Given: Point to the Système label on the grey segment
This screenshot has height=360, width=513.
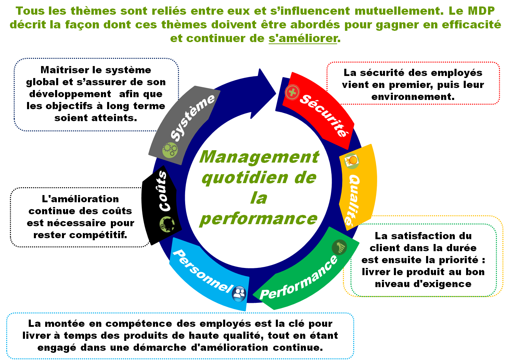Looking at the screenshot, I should [192, 117].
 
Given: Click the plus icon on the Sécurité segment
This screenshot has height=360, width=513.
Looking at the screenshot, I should [292, 92].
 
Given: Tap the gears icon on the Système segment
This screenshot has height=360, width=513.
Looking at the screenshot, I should [170, 150].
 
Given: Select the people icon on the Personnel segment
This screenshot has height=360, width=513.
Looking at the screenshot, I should [239, 293].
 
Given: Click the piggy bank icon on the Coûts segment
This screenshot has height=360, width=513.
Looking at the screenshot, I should [167, 224].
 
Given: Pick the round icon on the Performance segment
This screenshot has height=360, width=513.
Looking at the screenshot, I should [339, 247].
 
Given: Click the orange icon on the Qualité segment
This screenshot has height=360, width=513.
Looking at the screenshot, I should [352, 160].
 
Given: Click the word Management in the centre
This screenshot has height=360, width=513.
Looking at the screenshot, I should [259, 157].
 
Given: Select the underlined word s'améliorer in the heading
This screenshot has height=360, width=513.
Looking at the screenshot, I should [303, 38].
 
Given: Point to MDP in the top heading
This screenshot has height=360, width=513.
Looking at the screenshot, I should [481, 11].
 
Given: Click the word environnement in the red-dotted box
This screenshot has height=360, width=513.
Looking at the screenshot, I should [413, 97].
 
